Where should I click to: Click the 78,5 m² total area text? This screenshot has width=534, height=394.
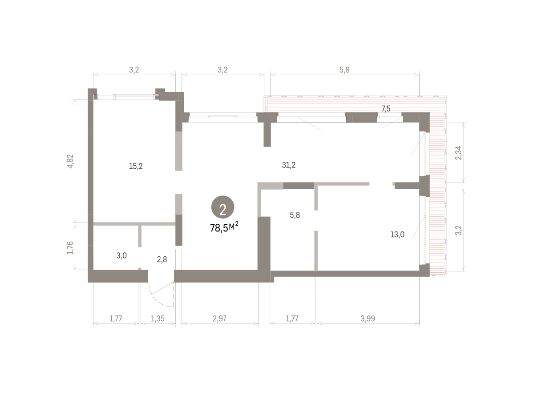[224, 227]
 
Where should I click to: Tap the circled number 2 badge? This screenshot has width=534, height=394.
[222, 207]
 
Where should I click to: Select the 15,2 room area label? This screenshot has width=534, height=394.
[136, 166]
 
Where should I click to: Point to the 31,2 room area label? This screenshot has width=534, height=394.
[289, 165]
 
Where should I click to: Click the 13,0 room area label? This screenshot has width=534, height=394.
[397, 235]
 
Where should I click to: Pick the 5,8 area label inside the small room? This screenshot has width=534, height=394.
[295, 215]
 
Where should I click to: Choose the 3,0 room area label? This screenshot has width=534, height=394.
[121, 255]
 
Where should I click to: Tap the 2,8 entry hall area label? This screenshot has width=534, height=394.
[162, 259]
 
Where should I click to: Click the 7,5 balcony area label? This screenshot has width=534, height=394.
[386, 109]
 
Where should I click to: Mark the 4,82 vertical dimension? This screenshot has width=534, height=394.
[70, 161]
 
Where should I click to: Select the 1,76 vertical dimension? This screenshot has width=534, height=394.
[70, 247]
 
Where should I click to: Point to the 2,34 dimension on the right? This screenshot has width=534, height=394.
[459, 153]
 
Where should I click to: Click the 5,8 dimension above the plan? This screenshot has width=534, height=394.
[344, 70]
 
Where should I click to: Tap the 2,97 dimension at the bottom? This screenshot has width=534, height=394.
[219, 318]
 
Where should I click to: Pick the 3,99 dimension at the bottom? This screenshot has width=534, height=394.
[368, 318]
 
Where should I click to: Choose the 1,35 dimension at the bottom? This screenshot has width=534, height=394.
[158, 318]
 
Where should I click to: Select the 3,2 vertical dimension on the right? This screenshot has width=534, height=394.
[459, 230]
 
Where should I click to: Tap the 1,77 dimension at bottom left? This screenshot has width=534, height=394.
[116, 318]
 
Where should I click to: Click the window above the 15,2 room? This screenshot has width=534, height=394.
[126, 97]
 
